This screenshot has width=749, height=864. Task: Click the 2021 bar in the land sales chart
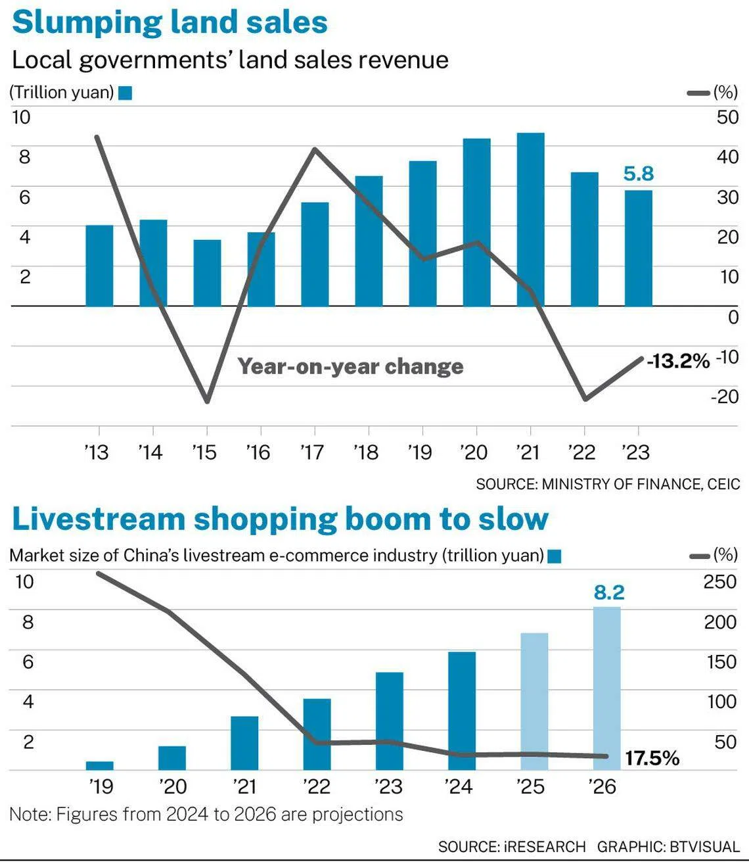click(x=530, y=219)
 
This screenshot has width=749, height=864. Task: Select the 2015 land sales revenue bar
click(x=207, y=273)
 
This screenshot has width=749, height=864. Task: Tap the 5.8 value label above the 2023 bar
click(x=639, y=174)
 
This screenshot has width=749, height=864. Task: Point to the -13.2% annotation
click(x=678, y=361)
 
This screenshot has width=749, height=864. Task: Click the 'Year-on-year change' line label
click(x=350, y=366)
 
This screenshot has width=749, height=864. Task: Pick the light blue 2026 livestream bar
click(x=607, y=688)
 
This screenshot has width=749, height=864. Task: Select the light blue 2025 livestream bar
click(x=535, y=702)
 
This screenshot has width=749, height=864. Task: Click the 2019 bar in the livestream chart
click(x=100, y=765)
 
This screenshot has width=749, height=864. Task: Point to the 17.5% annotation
click(x=652, y=758)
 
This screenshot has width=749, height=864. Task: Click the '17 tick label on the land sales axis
click(x=312, y=452)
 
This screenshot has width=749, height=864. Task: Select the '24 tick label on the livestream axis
click(x=458, y=786)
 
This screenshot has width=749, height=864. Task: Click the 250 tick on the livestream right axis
click(x=720, y=582)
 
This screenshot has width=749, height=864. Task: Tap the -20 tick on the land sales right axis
click(x=725, y=396)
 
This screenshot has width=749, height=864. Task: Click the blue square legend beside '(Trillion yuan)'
click(x=125, y=93)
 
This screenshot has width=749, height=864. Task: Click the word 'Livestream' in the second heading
click(x=99, y=519)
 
